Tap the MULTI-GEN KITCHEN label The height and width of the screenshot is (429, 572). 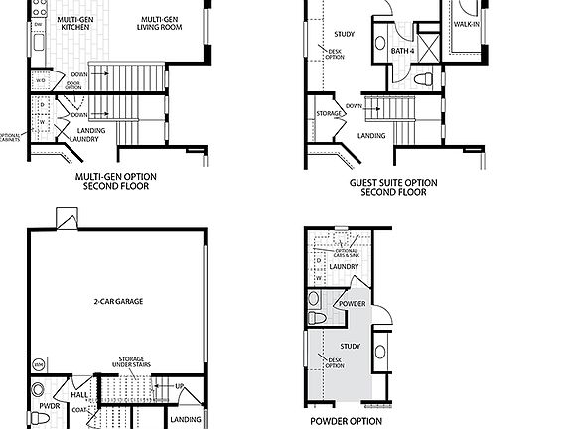(x=76, y=24)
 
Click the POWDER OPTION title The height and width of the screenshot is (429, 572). (x=345, y=421)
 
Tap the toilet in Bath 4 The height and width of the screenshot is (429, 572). (x=421, y=77)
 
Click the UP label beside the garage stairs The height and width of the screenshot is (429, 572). (x=179, y=385)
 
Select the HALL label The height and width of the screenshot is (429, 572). (x=79, y=394)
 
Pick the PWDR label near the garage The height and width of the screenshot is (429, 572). (x=45, y=405)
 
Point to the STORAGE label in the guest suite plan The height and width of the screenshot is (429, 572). (x=330, y=113)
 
